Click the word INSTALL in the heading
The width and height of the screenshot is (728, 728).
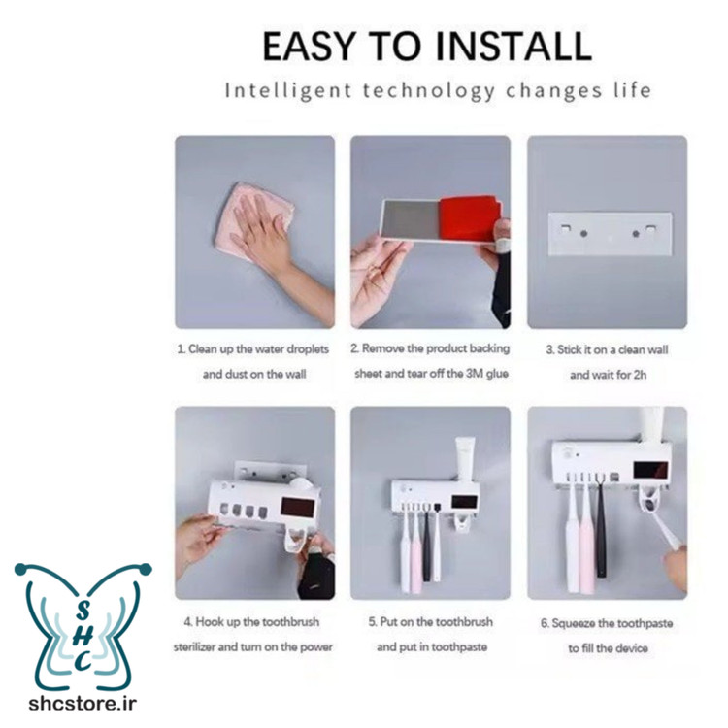coord(514,47)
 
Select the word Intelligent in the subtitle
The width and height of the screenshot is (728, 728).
coord(288,90)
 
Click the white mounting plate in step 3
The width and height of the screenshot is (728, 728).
coord(611,234)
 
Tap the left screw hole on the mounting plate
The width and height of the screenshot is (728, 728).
coord(583,233)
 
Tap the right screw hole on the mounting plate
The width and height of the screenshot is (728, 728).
coord(636,233)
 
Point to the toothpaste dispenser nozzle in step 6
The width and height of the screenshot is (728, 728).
coord(651,503)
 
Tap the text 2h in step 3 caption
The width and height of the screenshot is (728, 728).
coord(640,375)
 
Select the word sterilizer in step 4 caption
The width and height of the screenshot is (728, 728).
coord(194,646)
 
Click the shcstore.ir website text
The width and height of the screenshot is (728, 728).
coord(83,704)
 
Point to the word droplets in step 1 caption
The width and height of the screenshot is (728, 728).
coord(308,349)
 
